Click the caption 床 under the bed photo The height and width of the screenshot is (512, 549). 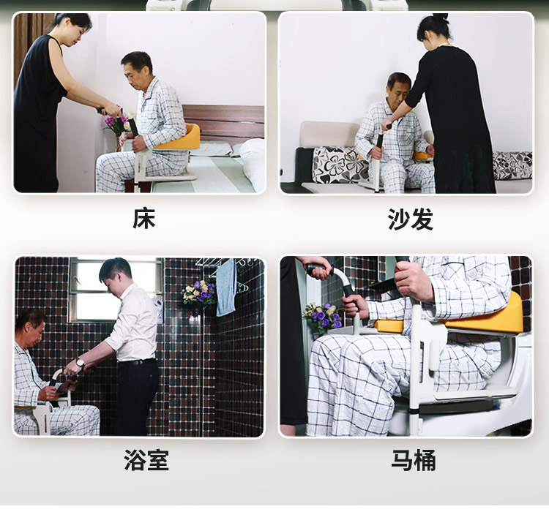[x=144, y=219]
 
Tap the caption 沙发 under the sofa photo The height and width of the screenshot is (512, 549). [x=411, y=219]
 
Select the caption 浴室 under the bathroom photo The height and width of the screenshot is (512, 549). [x=146, y=460]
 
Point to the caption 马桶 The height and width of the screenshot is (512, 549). [x=413, y=460]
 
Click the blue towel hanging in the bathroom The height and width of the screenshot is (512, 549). [x=225, y=287]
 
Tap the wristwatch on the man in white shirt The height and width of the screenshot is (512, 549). [x=81, y=363]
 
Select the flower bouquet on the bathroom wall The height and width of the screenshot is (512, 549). [x=199, y=294]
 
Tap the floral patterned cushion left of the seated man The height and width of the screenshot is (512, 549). [x=338, y=165]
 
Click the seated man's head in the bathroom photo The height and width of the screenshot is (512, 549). [x=30, y=327]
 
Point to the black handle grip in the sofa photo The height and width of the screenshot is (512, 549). [x=379, y=140]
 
